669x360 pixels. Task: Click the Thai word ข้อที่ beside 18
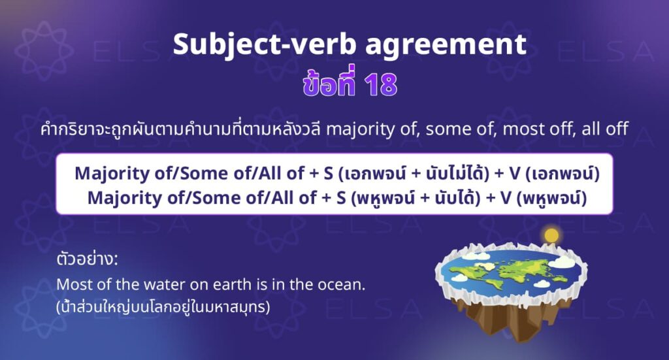coord(313,85)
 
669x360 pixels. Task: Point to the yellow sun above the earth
coord(553,234)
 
